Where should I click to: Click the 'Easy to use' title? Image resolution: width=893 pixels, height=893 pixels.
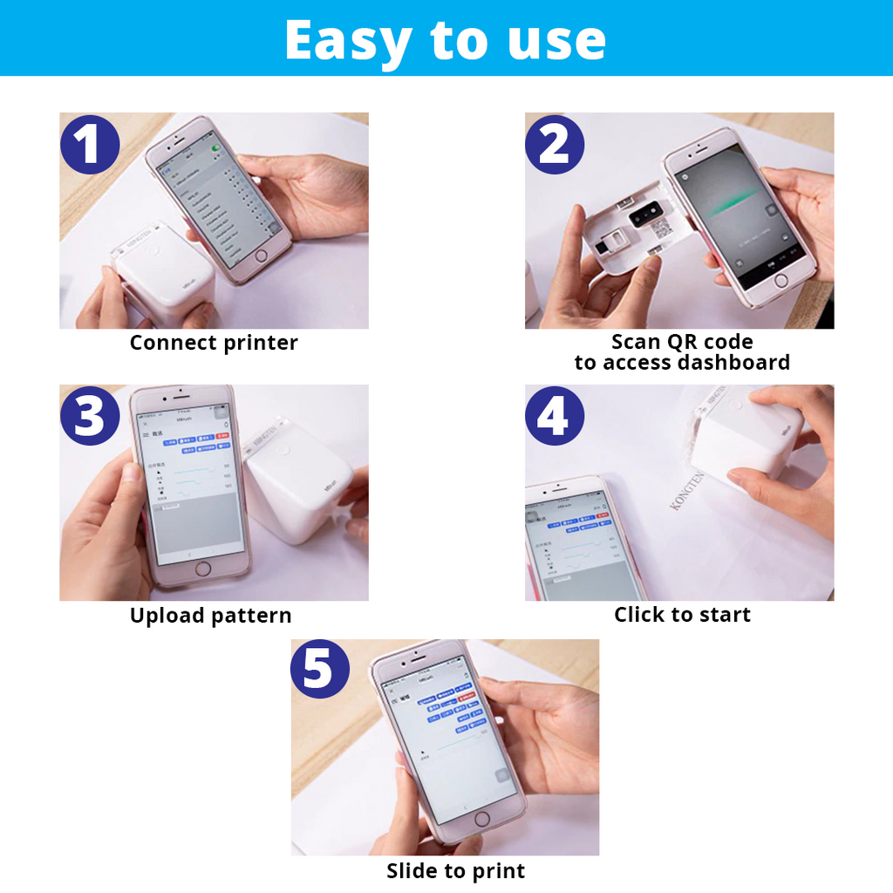[x=445, y=39]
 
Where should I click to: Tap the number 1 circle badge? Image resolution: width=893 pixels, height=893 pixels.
[x=90, y=144]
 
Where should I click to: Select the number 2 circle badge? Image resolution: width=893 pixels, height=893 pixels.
[x=555, y=144]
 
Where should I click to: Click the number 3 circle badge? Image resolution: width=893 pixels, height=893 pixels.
[x=90, y=416]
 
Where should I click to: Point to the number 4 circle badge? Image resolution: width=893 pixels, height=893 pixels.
[x=555, y=416]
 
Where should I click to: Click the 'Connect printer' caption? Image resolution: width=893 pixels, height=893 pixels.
[x=214, y=343]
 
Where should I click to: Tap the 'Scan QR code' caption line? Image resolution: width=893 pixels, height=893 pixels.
[x=682, y=342]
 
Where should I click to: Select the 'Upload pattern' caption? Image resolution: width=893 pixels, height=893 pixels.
[x=210, y=615]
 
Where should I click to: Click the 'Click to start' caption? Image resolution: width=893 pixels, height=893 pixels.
[x=682, y=615]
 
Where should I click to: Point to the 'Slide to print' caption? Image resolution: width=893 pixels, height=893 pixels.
[x=455, y=870]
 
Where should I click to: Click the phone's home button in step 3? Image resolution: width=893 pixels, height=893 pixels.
[x=203, y=569]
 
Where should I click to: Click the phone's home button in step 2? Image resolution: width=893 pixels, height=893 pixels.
[x=781, y=281]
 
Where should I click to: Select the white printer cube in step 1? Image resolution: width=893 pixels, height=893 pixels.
[x=161, y=275]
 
